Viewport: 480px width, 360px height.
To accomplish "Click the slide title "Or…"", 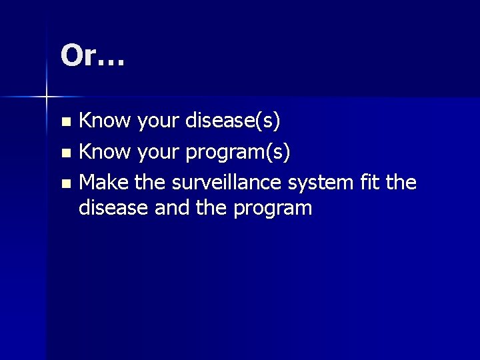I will [92, 56].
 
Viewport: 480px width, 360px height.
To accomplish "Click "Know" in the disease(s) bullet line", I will [106, 121].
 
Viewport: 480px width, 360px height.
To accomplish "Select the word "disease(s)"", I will [233, 121].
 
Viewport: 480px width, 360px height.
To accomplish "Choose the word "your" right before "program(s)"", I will [159, 153].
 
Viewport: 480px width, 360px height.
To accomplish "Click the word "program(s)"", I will [238, 153].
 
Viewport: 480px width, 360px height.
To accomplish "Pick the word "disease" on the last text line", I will [114, 208].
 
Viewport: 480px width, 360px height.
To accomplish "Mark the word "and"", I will [171, 208].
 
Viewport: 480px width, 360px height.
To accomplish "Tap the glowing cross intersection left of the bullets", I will [47, 97].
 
